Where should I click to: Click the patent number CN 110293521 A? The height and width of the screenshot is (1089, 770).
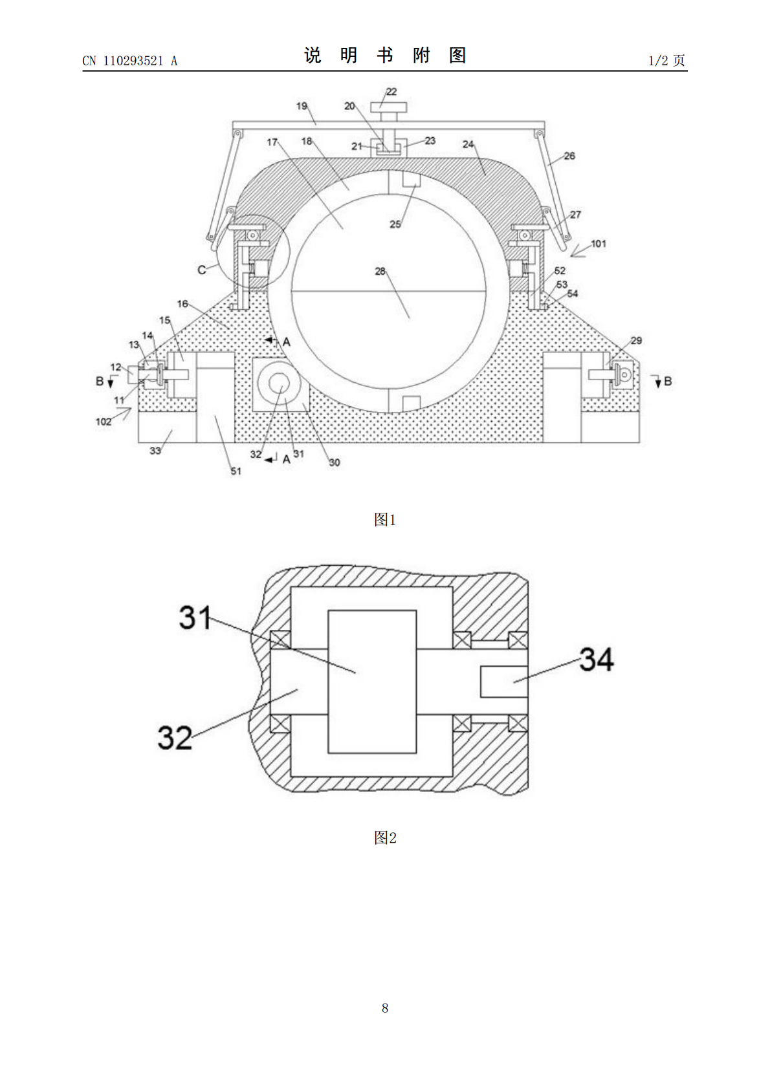click(129, 61)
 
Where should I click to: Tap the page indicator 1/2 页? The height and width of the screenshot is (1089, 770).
click(666, 60)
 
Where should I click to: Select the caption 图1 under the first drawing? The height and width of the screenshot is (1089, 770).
click(385, 520)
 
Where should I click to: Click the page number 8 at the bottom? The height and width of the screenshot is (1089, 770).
click(385, 1008)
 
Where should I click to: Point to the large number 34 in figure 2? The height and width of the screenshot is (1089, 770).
click(597, 659)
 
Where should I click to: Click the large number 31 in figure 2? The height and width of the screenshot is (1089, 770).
click(195, 618)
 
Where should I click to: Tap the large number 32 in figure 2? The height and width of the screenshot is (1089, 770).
click(175, 737)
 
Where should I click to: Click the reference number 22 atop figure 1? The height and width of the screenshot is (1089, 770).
click(391, 91)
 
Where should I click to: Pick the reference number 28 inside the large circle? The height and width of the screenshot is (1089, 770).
click(380, 271)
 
